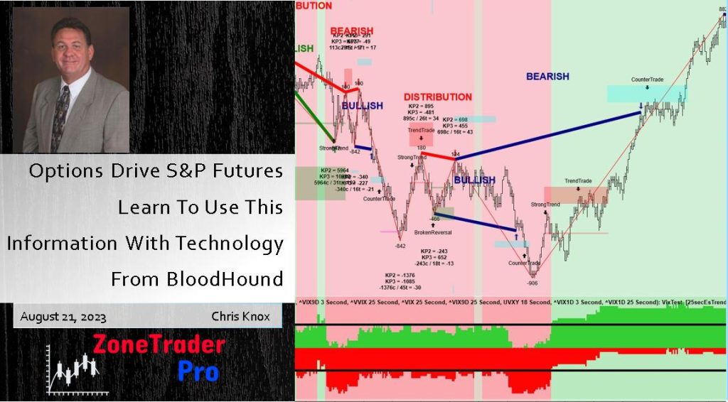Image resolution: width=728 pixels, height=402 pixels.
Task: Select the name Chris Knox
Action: pos(240,316)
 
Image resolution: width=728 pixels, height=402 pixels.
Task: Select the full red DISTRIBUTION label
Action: pos(437,97)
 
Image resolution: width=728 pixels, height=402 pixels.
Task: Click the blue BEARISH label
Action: pos(547,77)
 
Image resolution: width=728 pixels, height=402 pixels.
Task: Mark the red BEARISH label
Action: pos(351,31)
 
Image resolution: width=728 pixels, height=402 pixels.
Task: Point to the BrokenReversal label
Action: pos(433,232)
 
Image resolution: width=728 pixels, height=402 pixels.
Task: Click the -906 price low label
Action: pos(532,282)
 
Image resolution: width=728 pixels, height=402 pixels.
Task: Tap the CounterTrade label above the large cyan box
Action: pos(647,80)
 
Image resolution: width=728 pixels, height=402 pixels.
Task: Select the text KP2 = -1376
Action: pos(401,275)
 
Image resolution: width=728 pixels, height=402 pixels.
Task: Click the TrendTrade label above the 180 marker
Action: pos(421,131)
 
